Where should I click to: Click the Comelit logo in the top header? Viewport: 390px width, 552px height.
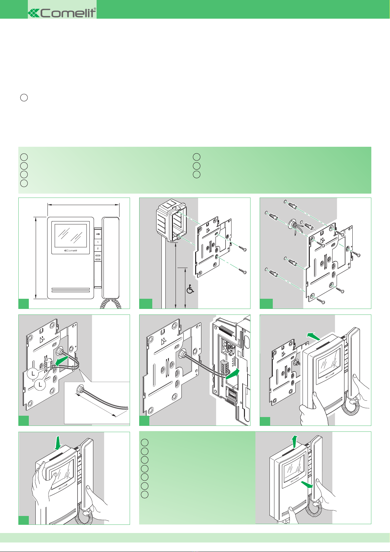(62, 13)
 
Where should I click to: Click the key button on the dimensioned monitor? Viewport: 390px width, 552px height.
(98, 234)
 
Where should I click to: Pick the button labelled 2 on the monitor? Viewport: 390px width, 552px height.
(98, 249)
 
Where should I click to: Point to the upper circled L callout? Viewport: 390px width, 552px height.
(33, 373)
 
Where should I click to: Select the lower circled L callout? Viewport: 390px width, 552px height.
(40, 385)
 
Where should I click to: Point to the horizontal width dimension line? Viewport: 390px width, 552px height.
(84, 205)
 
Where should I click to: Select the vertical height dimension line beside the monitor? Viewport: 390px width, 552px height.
(35, 257)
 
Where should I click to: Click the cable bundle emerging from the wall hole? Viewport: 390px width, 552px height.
(293, 227)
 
